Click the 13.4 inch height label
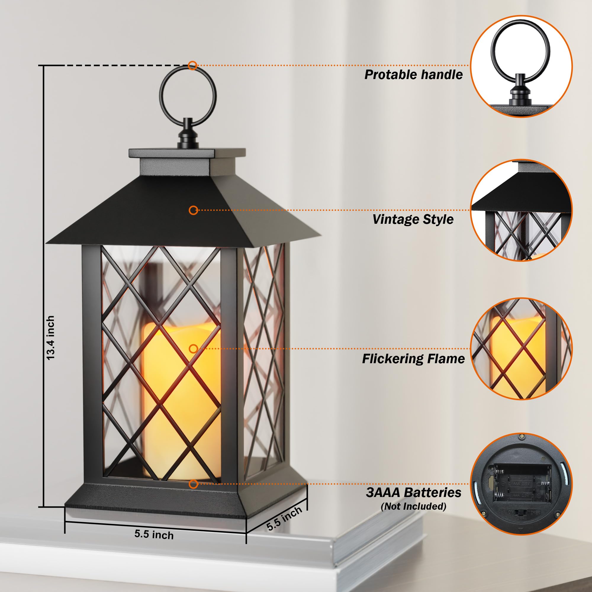(x=51, y=338)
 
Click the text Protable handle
(x=413, y=75)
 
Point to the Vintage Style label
(x=413, y=219)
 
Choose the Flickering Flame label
(x=413, y=358)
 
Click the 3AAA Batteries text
(x=413, y=493)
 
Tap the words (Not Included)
(x=413, y=506)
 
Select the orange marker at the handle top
(x=192, y=65)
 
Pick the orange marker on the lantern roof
(x=193, y=210)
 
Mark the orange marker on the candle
(x=193, y=349)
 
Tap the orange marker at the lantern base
(x=193, y=484)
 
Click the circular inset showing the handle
(x=521, y=66)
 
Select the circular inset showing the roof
(x=521, y=210)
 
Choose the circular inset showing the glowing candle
(x=521, y=349)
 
